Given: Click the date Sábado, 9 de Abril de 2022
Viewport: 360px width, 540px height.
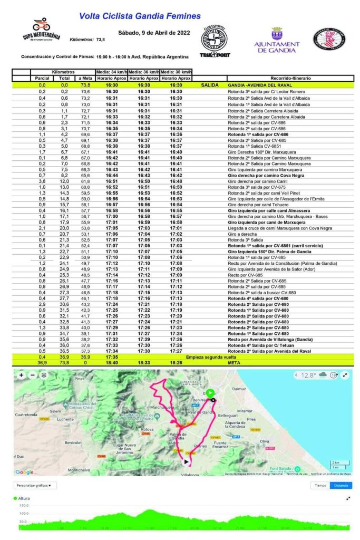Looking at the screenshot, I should (154, 33).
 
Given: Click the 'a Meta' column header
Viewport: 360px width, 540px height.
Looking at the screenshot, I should (85, 78).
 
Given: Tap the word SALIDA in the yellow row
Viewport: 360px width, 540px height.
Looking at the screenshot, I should (209, 85).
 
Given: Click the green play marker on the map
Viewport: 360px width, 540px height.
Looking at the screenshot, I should (210, 392).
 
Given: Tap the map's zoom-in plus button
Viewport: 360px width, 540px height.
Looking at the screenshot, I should (21, 375).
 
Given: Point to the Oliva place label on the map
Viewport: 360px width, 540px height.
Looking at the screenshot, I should (264, 441).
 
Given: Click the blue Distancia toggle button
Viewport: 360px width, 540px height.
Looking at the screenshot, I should (340, 485).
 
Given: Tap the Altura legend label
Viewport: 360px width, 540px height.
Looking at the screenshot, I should (24, 497).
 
